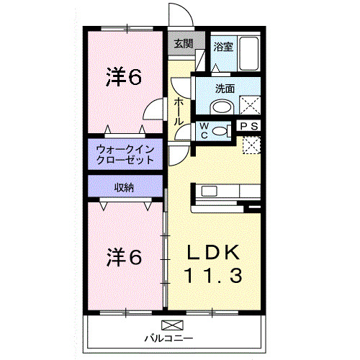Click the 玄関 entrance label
pos(183,44)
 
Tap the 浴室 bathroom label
pos(223,47)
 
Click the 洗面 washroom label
pos(225,89)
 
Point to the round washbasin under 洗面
pos(222,108)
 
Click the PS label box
pos(249,125)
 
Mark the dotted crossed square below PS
pos(251,145)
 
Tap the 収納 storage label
pos(124,187)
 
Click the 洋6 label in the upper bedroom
pos(124,76)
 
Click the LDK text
pos(212,251)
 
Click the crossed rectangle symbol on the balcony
pos(173,324)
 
